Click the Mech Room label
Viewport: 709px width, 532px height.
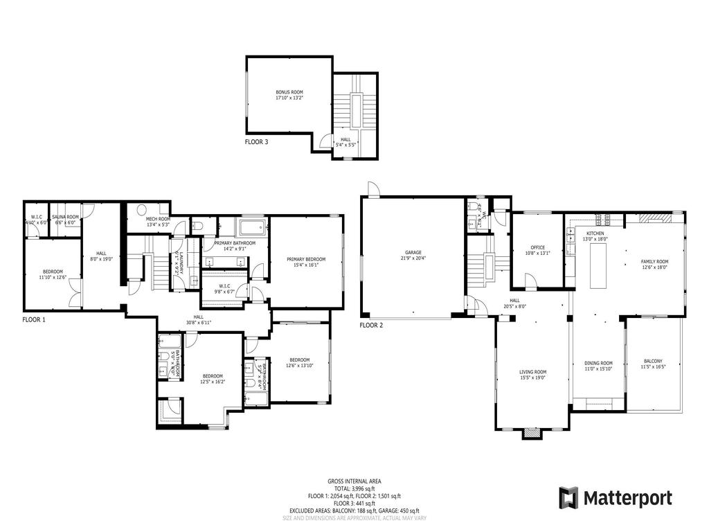click(158, 222)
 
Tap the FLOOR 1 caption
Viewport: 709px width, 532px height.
click(34, 320)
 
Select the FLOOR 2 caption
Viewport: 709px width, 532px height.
click(371, 324)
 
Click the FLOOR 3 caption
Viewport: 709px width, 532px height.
click(256, 141)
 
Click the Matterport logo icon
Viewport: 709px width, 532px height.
click(568, 497)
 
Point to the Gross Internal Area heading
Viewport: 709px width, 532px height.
click(354, 481)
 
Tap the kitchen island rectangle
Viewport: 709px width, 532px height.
click(598, 266)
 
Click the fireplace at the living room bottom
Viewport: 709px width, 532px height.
click(532, 433)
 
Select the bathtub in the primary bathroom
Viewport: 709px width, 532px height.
click(253, 227)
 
